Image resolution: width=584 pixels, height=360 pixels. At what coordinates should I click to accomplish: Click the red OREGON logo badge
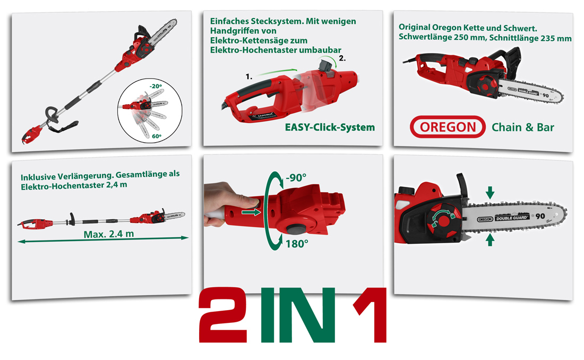448,127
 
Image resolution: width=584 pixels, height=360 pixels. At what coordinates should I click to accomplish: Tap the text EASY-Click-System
330,127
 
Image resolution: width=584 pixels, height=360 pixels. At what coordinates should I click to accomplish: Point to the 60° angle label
156,136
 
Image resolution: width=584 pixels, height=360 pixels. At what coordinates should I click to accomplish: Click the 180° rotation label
296,244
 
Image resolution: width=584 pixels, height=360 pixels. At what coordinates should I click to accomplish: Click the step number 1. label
248,77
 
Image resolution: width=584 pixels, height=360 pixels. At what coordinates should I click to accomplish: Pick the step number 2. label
342,58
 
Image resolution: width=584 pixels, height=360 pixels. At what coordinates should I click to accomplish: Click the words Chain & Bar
522,127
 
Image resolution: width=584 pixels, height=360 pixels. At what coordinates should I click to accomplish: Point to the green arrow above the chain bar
489,192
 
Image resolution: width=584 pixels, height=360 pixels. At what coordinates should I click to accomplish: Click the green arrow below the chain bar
489,241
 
